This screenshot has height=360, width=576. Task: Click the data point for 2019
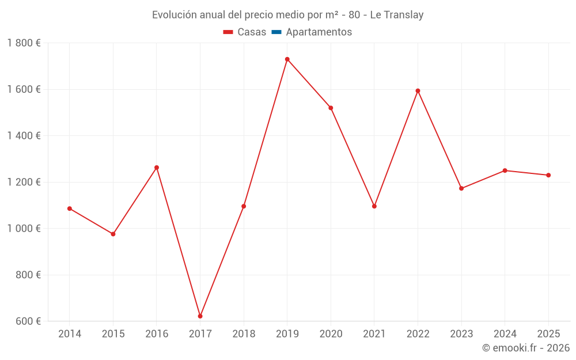pos(287,59)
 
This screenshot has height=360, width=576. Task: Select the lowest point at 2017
pos(200,316)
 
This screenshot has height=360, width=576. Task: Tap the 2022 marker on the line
pos(418,91)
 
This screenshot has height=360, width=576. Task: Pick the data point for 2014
pos(70,209)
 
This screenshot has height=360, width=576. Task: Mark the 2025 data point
pos(548,175)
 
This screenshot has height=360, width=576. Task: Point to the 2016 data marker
pos(157,168)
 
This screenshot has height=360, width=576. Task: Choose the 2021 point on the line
pos(374,206)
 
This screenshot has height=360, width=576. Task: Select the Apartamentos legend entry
pos(319,32)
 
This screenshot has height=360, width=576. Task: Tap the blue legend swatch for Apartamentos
pos(276,32)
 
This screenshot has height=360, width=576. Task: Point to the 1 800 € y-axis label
pos(24,43)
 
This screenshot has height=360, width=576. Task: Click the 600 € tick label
pos(28,321)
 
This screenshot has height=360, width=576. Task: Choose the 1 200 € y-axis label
pos(24,182)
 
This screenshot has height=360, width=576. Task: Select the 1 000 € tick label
pos(24,229)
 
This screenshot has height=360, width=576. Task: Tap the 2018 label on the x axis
pos(244,334)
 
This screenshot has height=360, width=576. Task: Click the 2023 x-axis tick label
pos(461,334)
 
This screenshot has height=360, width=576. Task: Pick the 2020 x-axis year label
pos(331,334)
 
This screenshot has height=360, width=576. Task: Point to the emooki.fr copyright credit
pos(526,348)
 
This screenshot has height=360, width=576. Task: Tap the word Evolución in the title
pos(173,15)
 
